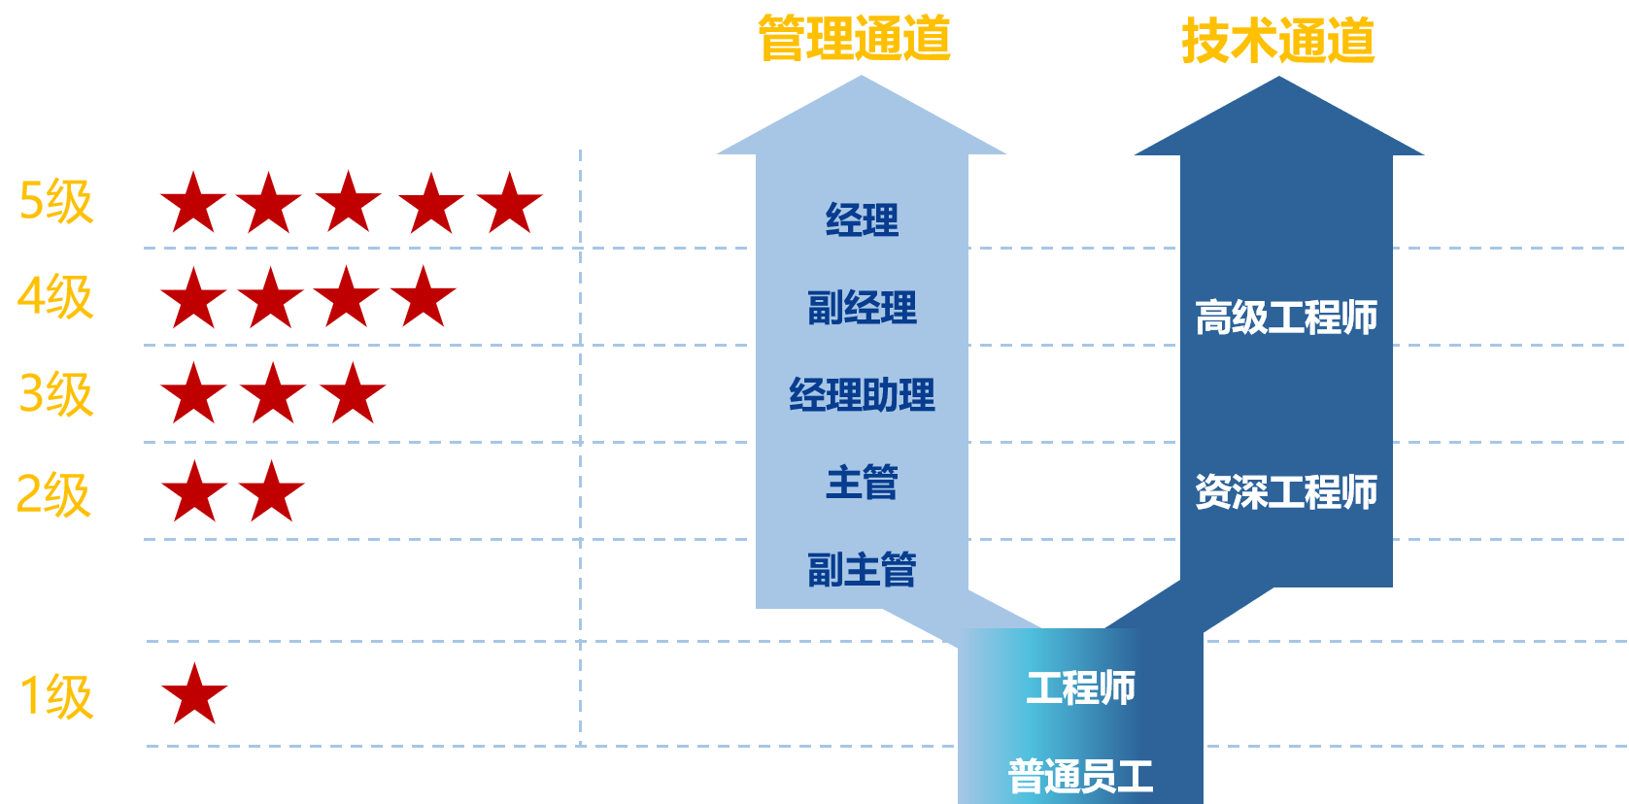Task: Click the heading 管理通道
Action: pyautogui.click(x=854, y=39)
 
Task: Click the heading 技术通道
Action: pyautogui.click(x=1277, y=41)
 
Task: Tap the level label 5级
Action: pyautogui.click(x=56, y=202)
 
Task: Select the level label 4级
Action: pyautogui.click(x=55, y=297)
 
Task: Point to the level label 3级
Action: pyautogui.click(x=56, y=394)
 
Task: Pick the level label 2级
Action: pyautogui.click(x=54, y=494)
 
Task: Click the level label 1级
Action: pyautogui.click(x=56, y=696)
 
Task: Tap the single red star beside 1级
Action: pyautogui.click(x=194, y=695)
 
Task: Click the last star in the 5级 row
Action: pyautogui.click(x=509, y=204)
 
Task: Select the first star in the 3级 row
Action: pyautogui.click(x=194, y=394)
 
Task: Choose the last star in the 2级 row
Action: pyautogui.click(x=272, y=492)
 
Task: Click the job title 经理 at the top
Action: pyautogui.click(x=862, y=220)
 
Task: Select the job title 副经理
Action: pyautogui.click(x=862, y=308)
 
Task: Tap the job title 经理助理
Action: pyautogui.click(x=862, y=395)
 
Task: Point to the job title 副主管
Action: pyautogui.click(x=862, y=570)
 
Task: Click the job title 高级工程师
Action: pyautogui.click(x=1286, y=318)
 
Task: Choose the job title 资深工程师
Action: pyautogui.click(x=1286, y=492)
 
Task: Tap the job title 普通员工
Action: pyautogui.click(x=1080, y=776)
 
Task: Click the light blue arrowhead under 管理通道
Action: pyautogui.click(x=862, y=121)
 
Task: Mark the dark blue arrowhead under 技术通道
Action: pyautogui.click(x=1278, y=122)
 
